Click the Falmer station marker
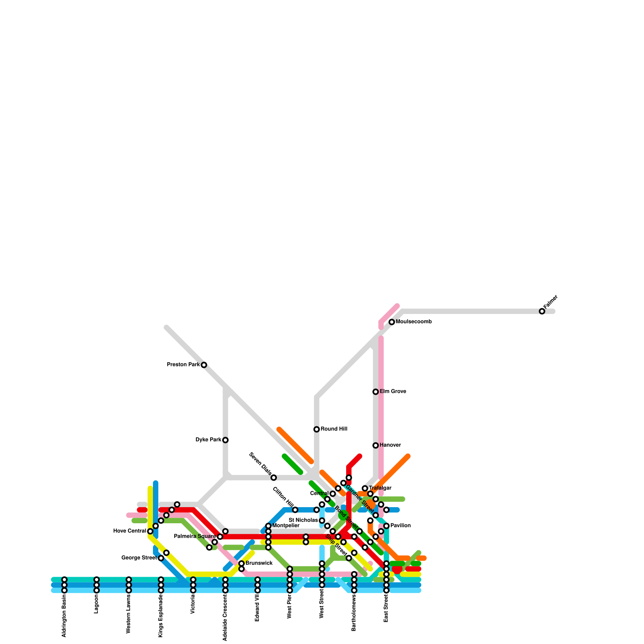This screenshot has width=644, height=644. click(x=542, y=311)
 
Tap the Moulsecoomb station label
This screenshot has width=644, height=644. click(x=413, y=322)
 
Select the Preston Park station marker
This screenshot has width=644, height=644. click(x=204, y=365)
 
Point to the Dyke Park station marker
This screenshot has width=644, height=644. click(x=225, y=440)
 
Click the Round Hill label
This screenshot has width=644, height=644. click(x=334, y=429)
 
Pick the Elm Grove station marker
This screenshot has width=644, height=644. click(x=376, y=392)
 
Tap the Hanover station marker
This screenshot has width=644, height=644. click(x=376, y=445)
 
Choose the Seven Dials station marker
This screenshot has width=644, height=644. click(x=274, y=478)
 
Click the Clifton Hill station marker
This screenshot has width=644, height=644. click(x=295, y=510)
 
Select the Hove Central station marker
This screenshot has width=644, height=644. click(x=150, y=531)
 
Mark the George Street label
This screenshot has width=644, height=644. click(x=139, y=558)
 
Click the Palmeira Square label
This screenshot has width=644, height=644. click(x=195, y=537)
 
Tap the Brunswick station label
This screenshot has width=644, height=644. click(x=259, y=563)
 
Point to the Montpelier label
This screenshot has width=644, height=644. click(x=286, y=526)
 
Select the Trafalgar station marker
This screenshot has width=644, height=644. click(x=365, y=488)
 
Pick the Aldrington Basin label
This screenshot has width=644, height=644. click(x=64, y=615)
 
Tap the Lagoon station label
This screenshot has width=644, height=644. click(x=97, y=604)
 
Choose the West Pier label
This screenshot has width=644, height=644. click(x=290, y=607)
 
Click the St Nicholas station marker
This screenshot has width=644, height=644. click(x=322, y=521)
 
